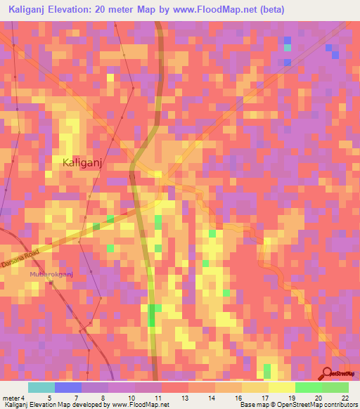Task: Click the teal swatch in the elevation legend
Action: pos(41,387)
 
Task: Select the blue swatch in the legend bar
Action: pos(68,387)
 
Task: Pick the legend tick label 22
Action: pos(344,398)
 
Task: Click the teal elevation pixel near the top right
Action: pos(288,48)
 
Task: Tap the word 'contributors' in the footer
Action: pos(340,405)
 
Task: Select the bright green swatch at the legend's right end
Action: pos(335,387)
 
